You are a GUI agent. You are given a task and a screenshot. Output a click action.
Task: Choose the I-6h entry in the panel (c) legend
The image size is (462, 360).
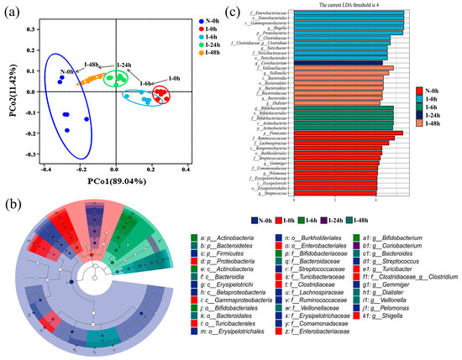[x=437, y=107]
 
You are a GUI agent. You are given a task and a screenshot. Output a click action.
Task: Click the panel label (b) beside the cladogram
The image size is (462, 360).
[x=11, y=201]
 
